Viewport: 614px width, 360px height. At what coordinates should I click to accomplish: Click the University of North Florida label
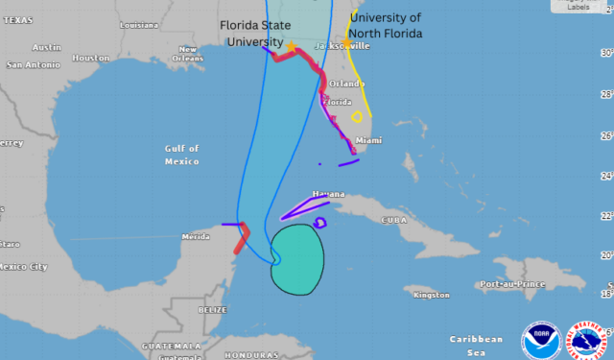click(x=385, y=25)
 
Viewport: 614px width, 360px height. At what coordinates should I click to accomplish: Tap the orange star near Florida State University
click(x=291, y=45)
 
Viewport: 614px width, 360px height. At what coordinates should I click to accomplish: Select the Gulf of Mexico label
click(x=181, y=154)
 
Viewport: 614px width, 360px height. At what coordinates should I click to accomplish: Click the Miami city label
click(x=369, y=140)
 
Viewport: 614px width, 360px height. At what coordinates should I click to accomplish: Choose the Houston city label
click(x=91, y=58)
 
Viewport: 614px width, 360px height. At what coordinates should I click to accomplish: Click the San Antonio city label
click(x=33, y=65)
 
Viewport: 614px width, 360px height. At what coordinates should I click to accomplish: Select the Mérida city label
click(x=196, y=235)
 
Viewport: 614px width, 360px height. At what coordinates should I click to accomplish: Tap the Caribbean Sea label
click(x=476, y=345)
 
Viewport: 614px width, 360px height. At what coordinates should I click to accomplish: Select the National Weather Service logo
click(x=586, y=339)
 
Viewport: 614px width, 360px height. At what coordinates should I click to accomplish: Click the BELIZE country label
click(x=212, y=309)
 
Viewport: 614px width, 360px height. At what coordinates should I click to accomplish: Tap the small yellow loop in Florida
click(x=358, y=117)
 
